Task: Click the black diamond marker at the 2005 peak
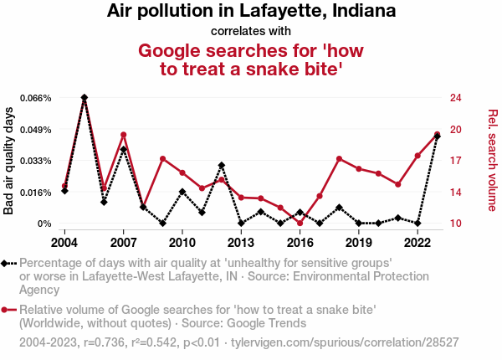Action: point(85,98)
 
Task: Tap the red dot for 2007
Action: point(124,135)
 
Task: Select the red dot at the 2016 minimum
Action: point(300,224)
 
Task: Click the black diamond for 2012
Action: point(222,166)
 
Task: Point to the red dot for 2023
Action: point(438,135)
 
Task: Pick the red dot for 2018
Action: point(340,158)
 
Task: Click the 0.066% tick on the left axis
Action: point(35,98)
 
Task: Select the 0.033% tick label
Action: point(35,161)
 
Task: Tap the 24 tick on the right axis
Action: point(455,98)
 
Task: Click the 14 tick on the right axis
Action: point(455,193)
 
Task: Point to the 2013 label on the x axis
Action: point(241,243)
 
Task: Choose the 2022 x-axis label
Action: point(417,243)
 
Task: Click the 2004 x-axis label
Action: point(64,243)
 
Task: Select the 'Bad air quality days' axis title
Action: point(10,161)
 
